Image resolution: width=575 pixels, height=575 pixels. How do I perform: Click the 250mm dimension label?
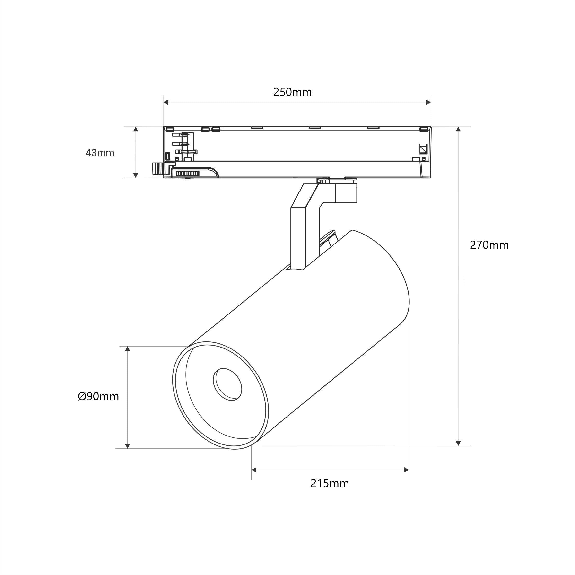click(x=292, y=92)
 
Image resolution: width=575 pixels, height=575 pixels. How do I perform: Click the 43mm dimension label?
click(x=100, y=153)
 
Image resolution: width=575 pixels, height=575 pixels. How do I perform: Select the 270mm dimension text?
click(x=489, y=245)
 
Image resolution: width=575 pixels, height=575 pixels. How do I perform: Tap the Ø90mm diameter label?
click(x=98, y=396)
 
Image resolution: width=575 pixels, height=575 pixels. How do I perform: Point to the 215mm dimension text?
click(x=330, y=483)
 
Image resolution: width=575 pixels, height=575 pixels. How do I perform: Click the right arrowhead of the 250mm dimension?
click(x=428, y=102)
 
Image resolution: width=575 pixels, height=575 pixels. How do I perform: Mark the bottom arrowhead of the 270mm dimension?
click(x=458, y=443)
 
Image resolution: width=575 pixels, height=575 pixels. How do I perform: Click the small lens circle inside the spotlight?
click(x=228, y=384)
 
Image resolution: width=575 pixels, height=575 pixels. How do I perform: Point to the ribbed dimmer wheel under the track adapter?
click(x=188, y=173)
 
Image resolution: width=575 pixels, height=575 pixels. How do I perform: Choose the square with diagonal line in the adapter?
click(x=423, y=148)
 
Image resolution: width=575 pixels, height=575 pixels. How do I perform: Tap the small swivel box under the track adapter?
click(x=346, y=193)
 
